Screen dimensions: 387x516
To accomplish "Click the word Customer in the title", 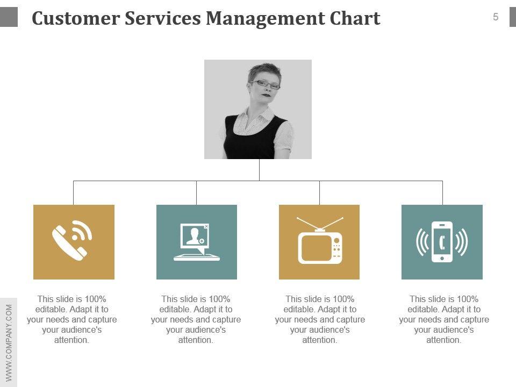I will [75, 19].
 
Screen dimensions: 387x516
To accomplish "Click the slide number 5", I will [496, 17].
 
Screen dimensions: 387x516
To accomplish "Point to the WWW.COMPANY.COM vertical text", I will [9, 343].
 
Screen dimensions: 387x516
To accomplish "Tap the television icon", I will [320, 246].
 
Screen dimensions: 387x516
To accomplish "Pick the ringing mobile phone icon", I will [442, 242].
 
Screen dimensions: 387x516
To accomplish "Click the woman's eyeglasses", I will [265, 84].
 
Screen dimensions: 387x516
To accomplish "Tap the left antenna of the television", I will [307, 224].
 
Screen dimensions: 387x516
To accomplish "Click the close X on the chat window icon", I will [206, 227].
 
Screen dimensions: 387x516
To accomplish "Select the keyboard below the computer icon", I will [197, 257].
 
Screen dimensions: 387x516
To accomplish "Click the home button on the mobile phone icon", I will [442, 258].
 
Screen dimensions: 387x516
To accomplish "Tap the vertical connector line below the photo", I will [259, 170].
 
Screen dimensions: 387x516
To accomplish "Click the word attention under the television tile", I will [319, 340].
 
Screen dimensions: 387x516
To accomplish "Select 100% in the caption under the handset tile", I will [96, 299].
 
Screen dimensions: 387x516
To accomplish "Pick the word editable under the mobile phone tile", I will [422, 310].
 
